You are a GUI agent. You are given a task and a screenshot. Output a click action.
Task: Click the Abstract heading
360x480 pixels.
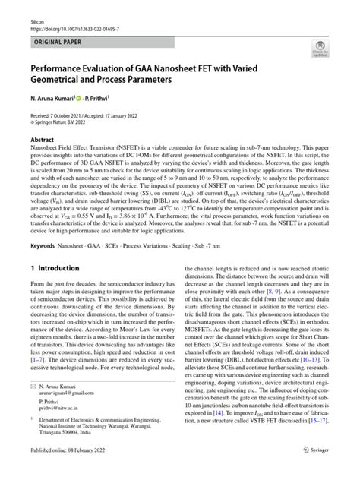42,141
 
